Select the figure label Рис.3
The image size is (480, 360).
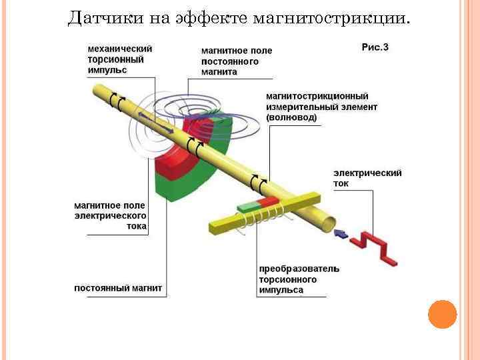coord(375,47)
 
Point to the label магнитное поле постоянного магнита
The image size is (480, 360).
coord(237,61)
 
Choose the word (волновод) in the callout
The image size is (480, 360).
coord(291,117)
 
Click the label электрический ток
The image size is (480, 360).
coord(367,177)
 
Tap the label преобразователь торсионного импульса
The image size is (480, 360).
coord(299,279)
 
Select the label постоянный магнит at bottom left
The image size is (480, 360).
coord(117,289)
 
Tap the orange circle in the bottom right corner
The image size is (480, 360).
coord(442,314)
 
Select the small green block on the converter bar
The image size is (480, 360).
coord(247,207)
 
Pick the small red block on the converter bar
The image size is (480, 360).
coord(268,201)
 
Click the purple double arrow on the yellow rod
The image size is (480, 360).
coord(157,124)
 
